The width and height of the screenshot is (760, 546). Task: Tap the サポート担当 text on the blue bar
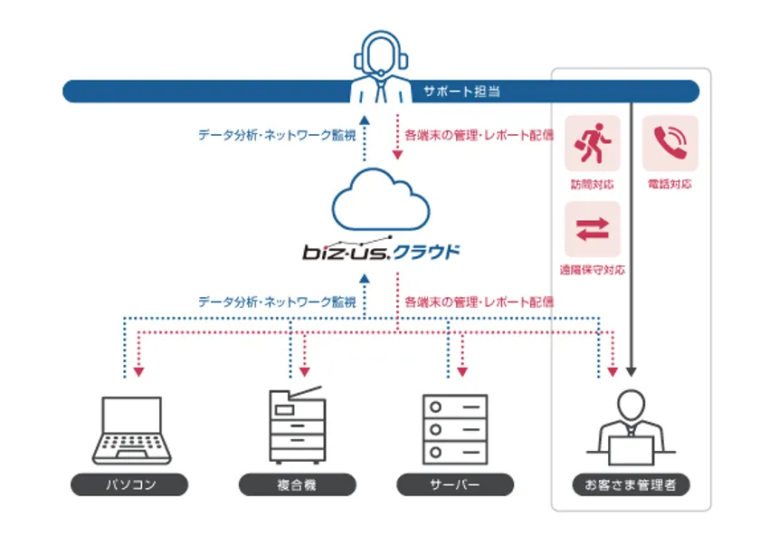[x=461, y=91]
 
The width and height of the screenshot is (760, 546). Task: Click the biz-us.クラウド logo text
[x=381, y=251]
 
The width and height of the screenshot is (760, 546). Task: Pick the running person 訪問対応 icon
[x=593, y=143]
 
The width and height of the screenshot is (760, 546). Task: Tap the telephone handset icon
[x=670, y=143]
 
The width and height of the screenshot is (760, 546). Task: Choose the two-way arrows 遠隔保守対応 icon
[x=593, y=228]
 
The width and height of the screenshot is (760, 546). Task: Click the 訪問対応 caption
[x=593, y=184]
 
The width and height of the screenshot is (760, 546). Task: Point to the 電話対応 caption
[x=670, y=184]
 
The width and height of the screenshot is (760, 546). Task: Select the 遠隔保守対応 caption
[x=593, y=270]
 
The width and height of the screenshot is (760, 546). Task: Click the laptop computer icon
[x=131, y=429]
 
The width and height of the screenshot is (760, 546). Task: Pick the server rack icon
[x=455, y=428]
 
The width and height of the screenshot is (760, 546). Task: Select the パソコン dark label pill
[x=130, y=485]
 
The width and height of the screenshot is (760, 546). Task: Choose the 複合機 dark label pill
[x=297, y=485]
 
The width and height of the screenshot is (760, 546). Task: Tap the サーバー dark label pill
[x=455, y=485]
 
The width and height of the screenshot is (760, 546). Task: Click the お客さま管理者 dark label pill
[x=632, y=485]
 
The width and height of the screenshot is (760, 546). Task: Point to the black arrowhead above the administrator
[x=632, y=371]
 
